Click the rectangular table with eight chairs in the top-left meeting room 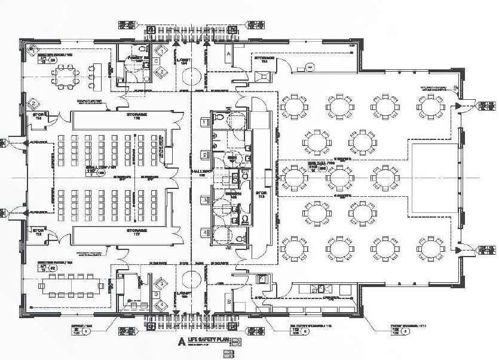pyautogui.click(x=65, y=77)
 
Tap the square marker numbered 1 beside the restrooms pyautogui.click(x=204, y=123)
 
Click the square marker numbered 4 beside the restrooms pyautogui.click(x=204, y=233)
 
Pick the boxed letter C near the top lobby pyautogui.click(x=156, y=60)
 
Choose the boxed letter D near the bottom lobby pyautogui.click(x=156, y=294)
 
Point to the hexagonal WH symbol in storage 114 pyautogui.click(x=310, y=68)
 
